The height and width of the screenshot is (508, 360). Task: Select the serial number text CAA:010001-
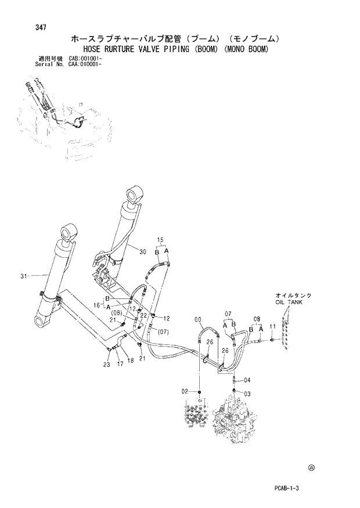86,64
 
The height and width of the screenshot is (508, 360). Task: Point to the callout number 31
24,276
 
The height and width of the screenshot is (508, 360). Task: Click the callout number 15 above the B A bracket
161,240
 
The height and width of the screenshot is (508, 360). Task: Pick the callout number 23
106,365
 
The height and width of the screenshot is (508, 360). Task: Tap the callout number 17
120,365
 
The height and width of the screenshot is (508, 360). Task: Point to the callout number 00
197,318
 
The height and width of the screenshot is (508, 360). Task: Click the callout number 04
247,380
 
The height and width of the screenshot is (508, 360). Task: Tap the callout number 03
247,394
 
